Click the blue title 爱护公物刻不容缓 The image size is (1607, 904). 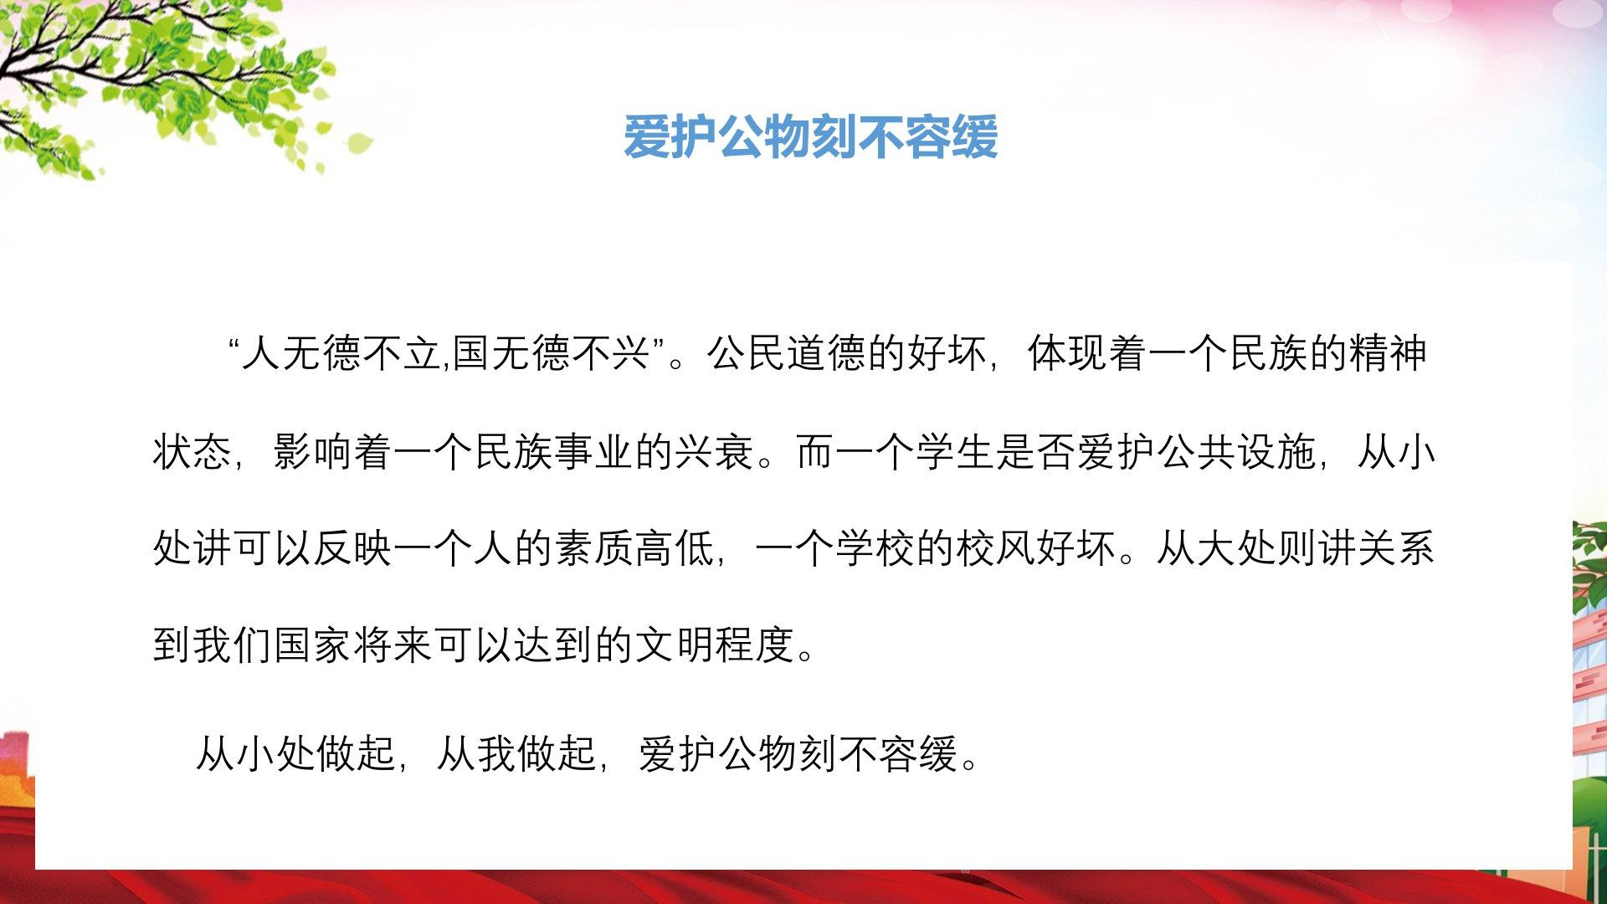click(x=810, y=136)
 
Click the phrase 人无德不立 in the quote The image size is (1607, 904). click(x=341, y=354)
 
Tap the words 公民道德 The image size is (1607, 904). click(x=788, y=354)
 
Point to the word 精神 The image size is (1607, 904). click(x=1386, y=354)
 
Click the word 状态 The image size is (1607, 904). click(x=193, y=452)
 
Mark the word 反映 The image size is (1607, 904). click(x=353, y=549)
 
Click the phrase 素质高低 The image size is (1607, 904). click(x=634, y=549)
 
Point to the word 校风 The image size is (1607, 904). click(x=996, y=549)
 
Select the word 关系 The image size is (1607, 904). click(x=1396, y=549)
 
